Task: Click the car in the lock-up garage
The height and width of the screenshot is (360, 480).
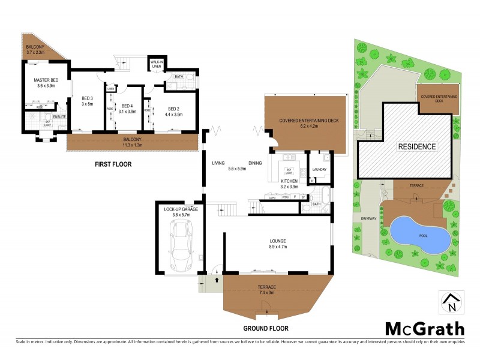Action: pos(181,245)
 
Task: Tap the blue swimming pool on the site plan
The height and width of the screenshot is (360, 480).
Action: pos(420,234)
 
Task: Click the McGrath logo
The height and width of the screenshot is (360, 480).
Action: pos(424,328)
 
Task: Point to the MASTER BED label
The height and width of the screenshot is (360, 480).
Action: pos(38,82)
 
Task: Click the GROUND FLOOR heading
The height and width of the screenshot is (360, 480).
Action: pos(266,328)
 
